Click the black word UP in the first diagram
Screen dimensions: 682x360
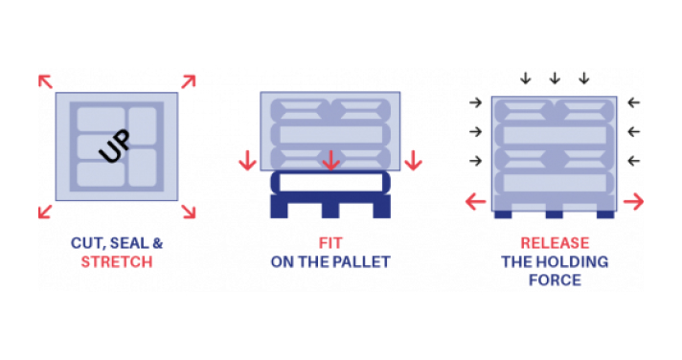[115, 146]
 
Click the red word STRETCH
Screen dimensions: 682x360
[117, 262]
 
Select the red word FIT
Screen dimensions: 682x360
[330, 243]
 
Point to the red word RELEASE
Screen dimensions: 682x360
[555, 243]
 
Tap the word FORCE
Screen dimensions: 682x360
[555, 281]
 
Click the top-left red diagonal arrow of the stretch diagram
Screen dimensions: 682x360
[45, 81]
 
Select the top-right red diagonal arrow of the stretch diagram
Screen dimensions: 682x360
[189, 81]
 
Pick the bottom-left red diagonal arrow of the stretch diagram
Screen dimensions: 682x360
[45, 212]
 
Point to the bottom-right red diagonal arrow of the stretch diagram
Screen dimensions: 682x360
[189, 212]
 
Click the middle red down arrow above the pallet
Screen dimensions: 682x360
[330, 160]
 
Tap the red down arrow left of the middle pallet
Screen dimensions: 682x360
[247, 160]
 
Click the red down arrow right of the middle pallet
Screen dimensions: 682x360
[413, 160]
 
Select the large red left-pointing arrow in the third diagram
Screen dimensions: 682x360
[475, 202]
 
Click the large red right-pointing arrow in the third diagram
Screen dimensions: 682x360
[633, 202]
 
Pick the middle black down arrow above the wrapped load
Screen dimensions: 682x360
[555, 79]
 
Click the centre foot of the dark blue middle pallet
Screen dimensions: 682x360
[330, 211]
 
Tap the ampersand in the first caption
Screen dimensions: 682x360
[157, 243]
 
